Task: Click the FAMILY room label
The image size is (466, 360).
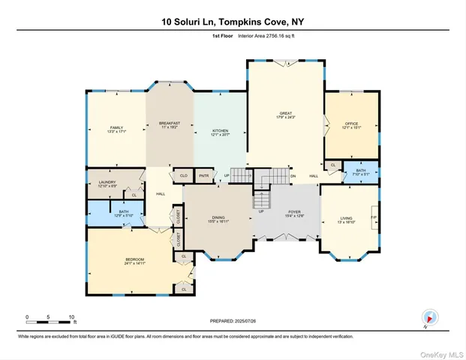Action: [x=116, y=128]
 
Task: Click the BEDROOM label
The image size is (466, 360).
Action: [x=134, y=262]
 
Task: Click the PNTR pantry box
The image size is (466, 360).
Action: [x=203, y=175]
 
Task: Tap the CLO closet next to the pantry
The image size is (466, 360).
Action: [x=182, y=175]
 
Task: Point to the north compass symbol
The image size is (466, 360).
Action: [x=429, y=317]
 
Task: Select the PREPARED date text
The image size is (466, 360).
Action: [x=233, y=320]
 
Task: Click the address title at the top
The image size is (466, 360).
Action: [x=233, y=22]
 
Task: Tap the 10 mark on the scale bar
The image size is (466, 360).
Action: [x=73, y=316]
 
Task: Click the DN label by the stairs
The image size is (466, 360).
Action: [x=293, y=176]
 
